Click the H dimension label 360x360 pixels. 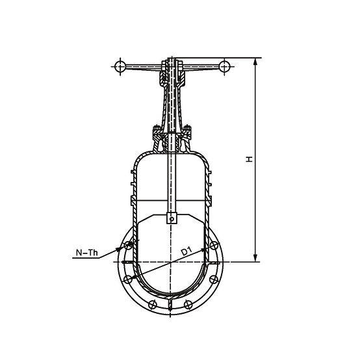249,159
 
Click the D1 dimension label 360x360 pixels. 186,251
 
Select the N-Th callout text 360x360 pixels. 87,253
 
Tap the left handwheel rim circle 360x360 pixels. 120,66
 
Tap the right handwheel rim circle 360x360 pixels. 224,66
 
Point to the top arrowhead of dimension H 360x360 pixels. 256,62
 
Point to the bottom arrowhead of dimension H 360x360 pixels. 256,257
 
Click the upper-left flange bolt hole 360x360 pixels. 128,246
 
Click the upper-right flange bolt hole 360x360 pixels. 214,246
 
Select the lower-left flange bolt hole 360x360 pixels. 128,279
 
